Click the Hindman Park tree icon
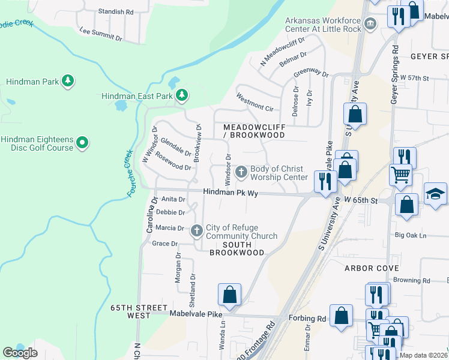point(68,81)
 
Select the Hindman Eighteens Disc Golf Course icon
point(82,143)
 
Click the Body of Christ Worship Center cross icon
point(241,173)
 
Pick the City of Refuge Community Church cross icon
point(197,231)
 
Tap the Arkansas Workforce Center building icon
point(370,24)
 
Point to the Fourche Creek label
point(128,173)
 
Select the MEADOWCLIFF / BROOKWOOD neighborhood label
point(253,131)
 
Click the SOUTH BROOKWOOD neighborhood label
point(237,248)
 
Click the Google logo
point(20,352)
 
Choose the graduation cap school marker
point(436,194)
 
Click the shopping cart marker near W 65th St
point(401,175)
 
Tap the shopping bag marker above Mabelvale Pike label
point(229,295)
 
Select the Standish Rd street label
point(115,11)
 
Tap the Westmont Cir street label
point(255,102)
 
